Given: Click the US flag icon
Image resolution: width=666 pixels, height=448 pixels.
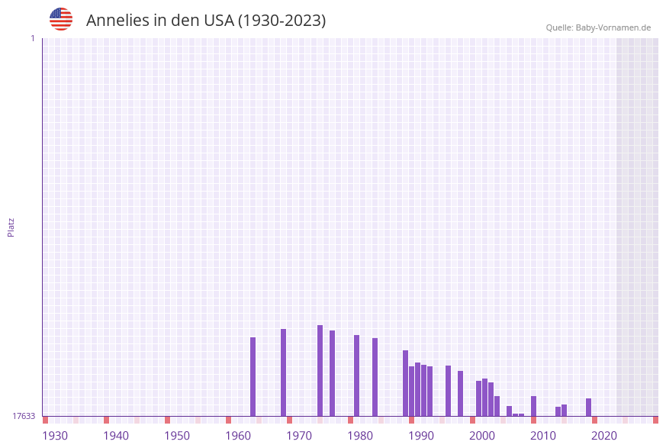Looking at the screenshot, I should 61,19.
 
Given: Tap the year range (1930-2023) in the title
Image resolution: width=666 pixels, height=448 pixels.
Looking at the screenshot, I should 282,21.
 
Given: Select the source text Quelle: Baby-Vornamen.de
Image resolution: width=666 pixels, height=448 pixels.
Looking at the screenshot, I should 598,27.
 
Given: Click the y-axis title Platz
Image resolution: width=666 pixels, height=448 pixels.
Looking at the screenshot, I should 11,227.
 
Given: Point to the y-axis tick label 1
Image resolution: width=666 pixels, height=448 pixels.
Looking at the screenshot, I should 32,38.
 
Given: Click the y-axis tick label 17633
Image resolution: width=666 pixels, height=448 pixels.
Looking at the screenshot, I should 24,416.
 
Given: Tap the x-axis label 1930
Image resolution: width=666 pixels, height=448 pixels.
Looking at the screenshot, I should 55,436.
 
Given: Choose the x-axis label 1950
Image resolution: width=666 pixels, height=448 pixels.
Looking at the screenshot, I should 177,436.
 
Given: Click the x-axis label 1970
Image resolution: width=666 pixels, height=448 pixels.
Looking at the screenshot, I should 299,436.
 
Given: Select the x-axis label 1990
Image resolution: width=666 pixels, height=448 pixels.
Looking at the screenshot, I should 421,436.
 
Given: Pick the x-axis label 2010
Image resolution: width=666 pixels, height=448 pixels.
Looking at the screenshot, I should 543,436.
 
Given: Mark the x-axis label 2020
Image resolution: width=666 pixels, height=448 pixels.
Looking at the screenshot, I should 604,436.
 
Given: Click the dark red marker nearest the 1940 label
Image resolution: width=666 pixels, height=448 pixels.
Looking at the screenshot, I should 106,420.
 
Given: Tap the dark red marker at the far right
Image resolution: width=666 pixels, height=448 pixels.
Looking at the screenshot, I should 655,420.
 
